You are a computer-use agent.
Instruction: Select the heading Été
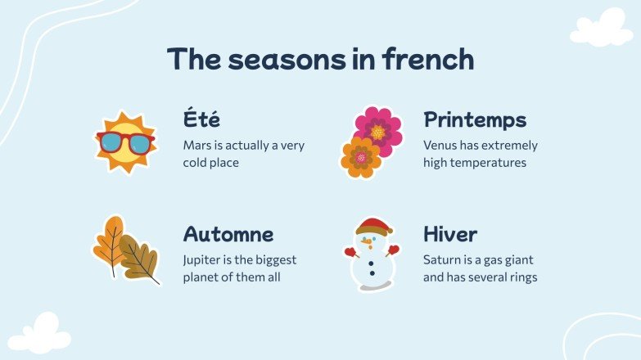click(x=201, y=119)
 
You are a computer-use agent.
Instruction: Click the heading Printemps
click(x=475, y=120)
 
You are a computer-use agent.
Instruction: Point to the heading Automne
click(x=228, y=235)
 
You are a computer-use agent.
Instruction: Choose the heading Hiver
click(x=450, y=235)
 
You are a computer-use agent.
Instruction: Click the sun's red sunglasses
click(x=124, y=142)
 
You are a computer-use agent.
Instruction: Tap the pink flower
click(x=379, y=128)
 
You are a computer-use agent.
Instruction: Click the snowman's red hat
click(x=372, y=225)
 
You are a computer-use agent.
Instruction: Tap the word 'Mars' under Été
click(x=197, y=146)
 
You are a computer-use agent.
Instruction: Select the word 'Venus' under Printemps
click(x=440, y=146)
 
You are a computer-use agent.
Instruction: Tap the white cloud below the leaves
click(x=39, y=334)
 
